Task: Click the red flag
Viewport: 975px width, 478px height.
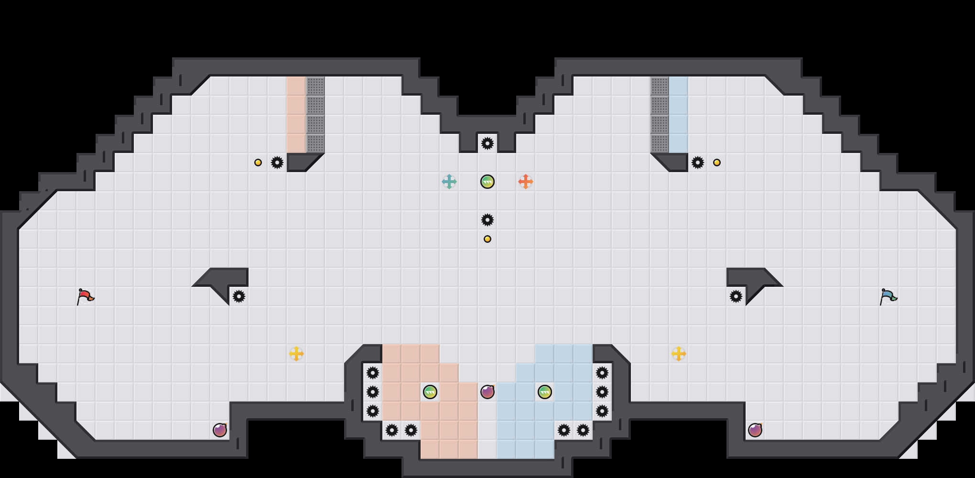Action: click(85, 297)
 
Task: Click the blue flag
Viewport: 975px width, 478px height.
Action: click(888, 297)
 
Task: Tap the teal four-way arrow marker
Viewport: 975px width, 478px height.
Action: click(449, 182)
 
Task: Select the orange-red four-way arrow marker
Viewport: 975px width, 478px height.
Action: click(525, 182)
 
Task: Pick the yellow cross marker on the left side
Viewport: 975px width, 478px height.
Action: click(296, 354)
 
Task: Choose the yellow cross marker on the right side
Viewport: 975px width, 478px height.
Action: click(678, 354)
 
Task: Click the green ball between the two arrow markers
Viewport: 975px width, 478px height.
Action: click(487, 182)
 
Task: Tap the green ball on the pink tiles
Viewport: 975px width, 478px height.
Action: click(430, 392)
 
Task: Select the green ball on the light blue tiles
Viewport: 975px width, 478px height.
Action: click(544, 392)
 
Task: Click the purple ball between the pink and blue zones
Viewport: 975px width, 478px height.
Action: click(487, 392)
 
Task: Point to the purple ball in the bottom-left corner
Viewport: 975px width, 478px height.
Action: click(219, 430)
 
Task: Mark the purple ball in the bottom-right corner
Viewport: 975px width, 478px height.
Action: click(755, 430)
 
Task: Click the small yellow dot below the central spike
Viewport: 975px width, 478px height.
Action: click(487, 239)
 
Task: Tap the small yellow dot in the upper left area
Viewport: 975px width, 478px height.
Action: click(258, 163)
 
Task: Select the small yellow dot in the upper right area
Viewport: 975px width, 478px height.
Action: click(716, 163)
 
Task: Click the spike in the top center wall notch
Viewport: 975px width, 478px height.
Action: click(487, 143)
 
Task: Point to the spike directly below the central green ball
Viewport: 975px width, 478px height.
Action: click(487, 220)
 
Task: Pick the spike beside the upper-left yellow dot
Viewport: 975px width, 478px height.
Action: click(277, 163)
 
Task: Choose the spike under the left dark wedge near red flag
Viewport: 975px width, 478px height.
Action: click(238, 296)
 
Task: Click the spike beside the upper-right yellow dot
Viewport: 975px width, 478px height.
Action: click(697, 163)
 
